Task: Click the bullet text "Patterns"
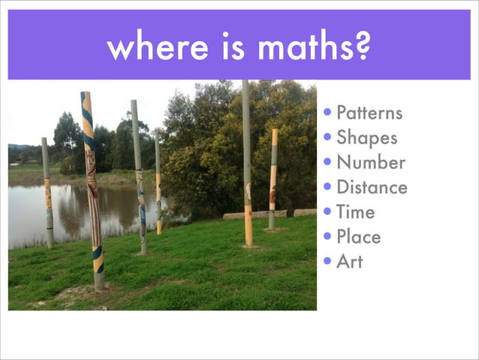[369, 113]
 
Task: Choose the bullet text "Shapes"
[366, 138]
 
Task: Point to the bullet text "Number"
[371, 163]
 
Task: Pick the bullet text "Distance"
[372, 188]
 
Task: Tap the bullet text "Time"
[355, 213]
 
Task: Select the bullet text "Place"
[358, 237]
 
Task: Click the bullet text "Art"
[349, 262]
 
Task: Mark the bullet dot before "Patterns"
[328, 114]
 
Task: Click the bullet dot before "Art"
[328, 262]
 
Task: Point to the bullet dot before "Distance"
[328, 188]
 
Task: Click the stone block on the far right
[305, 213]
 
